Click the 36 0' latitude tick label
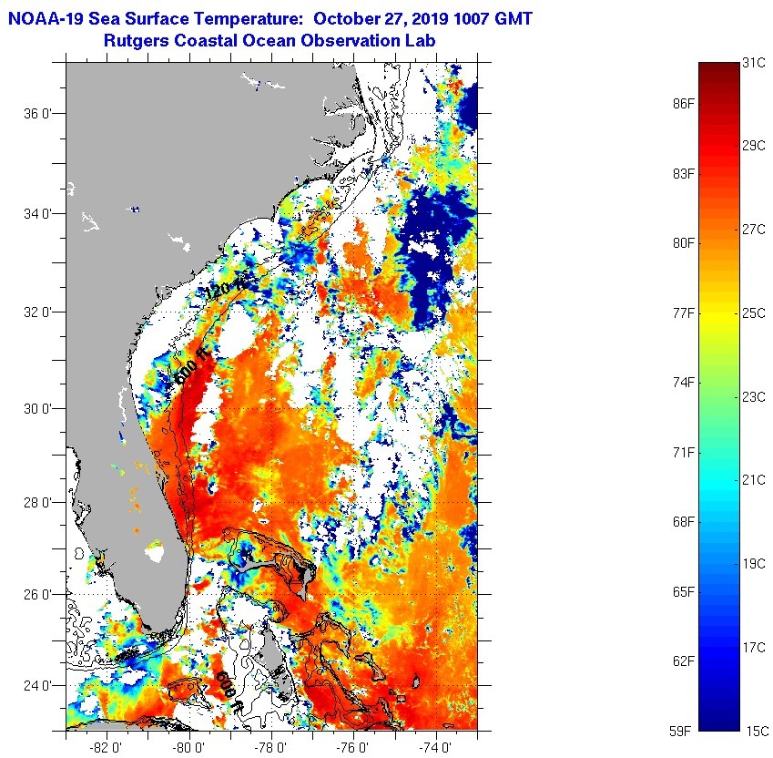[37, 115]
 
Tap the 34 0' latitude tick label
[37, 214]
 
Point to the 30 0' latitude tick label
[37, 409]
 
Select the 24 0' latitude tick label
[37, 686]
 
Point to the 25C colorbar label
[752, 313]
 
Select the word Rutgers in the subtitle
[137, 41]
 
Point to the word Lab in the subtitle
[420, 41]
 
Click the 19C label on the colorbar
[752, 564]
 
